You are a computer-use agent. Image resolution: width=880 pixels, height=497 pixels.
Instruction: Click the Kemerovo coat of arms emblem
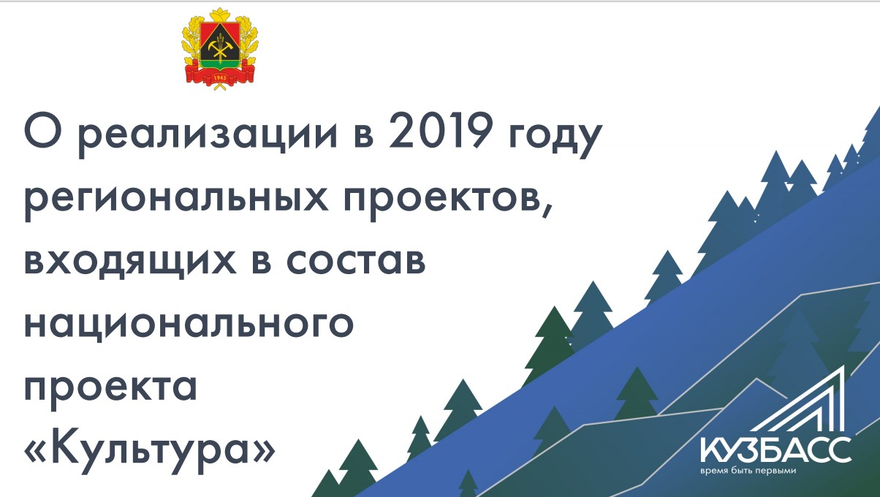[219, 48]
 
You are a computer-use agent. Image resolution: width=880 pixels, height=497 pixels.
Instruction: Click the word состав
[356, 261]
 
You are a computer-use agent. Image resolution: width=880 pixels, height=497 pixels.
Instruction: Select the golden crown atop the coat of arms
[219, 15]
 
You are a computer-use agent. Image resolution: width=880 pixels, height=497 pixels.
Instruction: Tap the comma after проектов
[547, 210]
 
